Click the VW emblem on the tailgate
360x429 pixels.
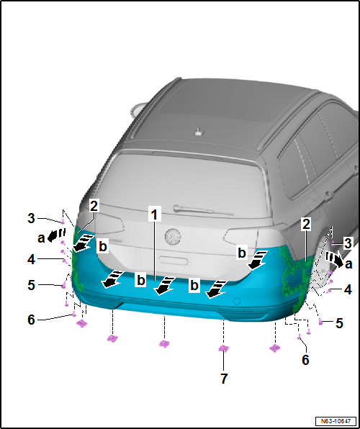pyautogui.click(x=173, y=237)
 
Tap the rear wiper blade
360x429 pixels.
pyautogui.click(x=204, y=210)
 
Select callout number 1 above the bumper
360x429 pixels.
pyautogui.click(x=155, y=214)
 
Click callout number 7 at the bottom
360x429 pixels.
pyautogui.click(x=224, y=379)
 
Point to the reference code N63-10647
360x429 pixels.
pyautogui.click(x=336, y=420)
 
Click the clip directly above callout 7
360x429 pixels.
pyautogui.click(x=223, y=348)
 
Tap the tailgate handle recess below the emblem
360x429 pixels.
pyautogui.click(x=174, y=261)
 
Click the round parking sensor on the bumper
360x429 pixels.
pyautogui.click(x=237, y=301)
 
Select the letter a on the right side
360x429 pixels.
pyautogui.click(x=348, y=264)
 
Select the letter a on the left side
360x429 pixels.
pyautogui.click(x=41, y=238)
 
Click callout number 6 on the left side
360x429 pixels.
pyautogui.click(x=31, y=320)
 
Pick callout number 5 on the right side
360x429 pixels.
pyautogui.click(x=339, y=323)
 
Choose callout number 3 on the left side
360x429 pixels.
pyautogui.click(x=31, y=219)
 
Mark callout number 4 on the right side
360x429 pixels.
pyautogui.click(x=348, y=290)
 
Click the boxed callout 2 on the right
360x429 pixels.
pyautogui.click(x=306, y=225)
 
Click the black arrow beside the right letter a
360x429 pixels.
pyautogui.click(x=334, y=259)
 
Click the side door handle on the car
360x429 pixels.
pyautogui.click(x=329, y=194)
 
